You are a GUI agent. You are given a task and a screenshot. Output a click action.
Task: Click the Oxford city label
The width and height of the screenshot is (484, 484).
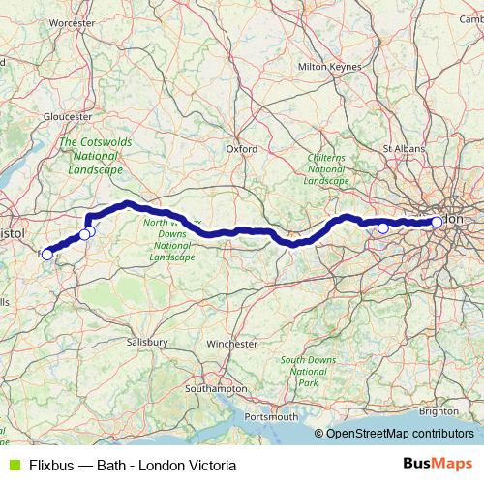(241, 149)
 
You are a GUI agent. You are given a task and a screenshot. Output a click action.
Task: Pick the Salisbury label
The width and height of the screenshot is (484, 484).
(147, 342)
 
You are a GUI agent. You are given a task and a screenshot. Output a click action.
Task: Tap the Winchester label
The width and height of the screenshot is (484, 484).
(232, 343)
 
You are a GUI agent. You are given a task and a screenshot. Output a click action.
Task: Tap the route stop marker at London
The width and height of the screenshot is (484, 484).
(437, 222)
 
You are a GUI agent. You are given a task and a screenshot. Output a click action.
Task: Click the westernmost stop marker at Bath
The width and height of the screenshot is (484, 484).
(46, 255)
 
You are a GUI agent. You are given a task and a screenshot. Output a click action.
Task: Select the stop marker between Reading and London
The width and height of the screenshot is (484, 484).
(383, 227)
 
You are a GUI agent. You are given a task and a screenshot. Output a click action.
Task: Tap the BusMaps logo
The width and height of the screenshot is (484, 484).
(437, 465)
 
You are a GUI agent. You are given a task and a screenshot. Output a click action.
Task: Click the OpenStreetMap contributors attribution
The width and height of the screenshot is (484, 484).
(400, 434)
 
